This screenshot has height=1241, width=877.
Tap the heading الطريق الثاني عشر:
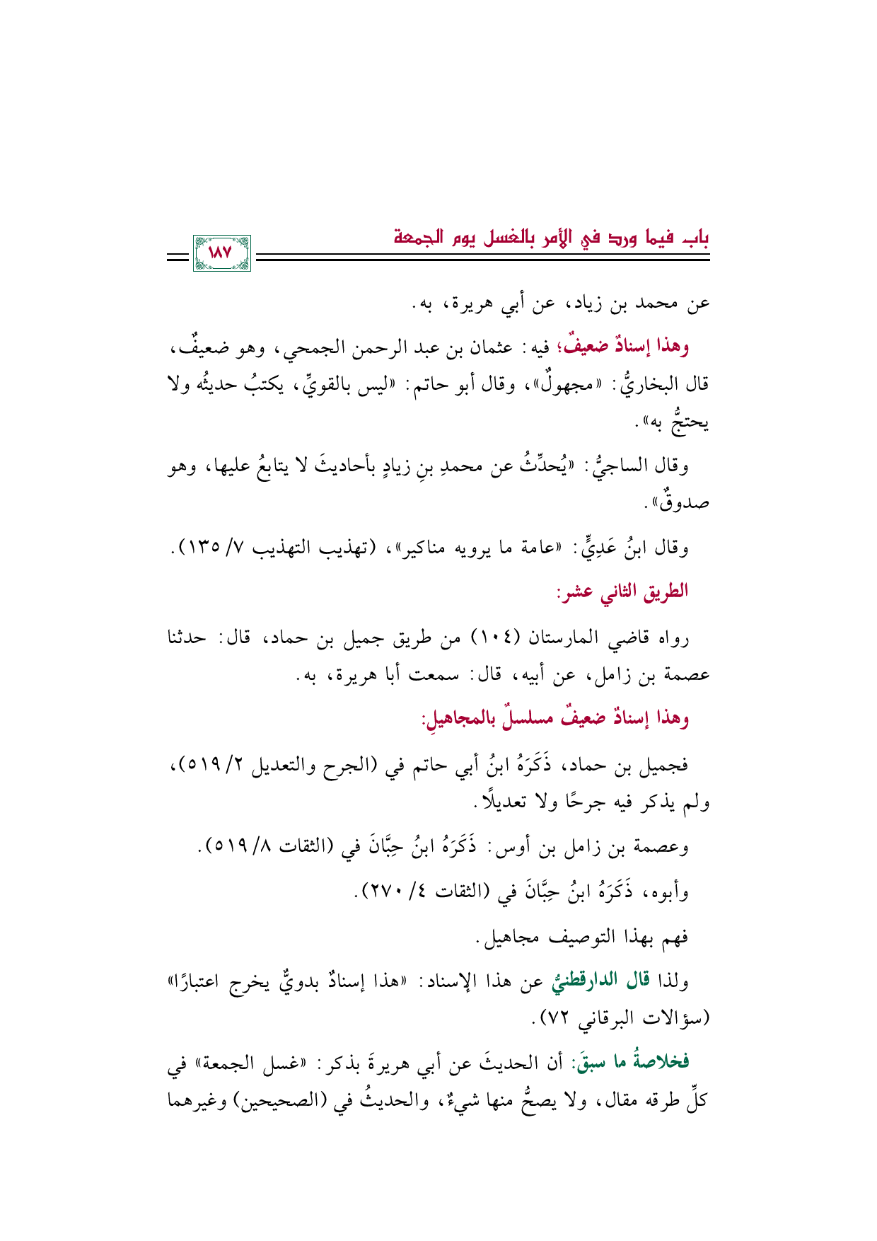(x=622, y=591)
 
